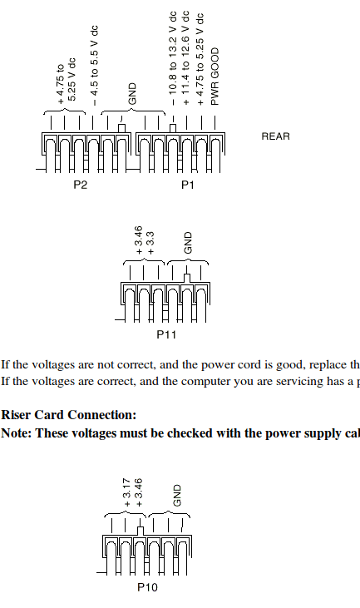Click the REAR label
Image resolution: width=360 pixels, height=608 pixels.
click(275, 136)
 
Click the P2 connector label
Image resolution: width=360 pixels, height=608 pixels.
click(80, 185)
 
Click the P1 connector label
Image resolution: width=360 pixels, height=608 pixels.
click(188, 185)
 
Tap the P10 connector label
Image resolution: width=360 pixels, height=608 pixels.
click(148, 587)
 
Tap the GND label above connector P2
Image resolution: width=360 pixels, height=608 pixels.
click(132, 93)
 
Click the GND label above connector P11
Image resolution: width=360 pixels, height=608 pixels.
click(188, 243)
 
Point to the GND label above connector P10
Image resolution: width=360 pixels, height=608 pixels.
click(176, 496)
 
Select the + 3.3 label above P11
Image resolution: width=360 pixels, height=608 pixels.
click(150, 243)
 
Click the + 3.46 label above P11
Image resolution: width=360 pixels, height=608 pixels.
click(139, 240)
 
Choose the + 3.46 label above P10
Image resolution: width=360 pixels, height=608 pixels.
click(139, 492)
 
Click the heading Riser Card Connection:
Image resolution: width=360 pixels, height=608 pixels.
click(68, 414)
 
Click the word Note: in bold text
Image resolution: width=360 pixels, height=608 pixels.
click(17, 433)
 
